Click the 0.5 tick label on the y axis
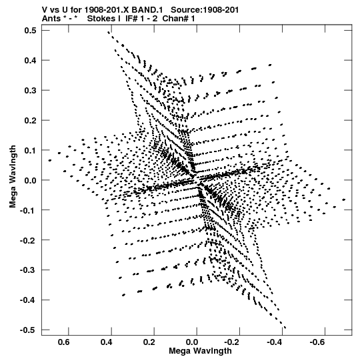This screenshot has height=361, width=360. coord(31,30)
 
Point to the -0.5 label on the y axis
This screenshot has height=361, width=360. coord(28,330)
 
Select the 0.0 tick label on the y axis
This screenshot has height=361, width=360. coord(31,180)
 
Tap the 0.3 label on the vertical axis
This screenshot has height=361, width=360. coord(31,90)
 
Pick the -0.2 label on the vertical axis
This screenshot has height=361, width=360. coord(28,240)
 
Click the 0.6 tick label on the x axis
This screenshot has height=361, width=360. coord(64,342)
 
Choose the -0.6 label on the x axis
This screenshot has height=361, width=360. coord(317,342)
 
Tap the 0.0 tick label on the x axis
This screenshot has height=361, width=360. coord(192,342)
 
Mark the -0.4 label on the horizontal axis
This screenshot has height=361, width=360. coord(275,342)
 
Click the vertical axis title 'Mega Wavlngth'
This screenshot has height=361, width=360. coord(13,177)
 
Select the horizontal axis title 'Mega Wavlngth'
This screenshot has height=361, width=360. coord(200,351)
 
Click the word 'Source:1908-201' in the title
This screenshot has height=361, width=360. coord(205,10)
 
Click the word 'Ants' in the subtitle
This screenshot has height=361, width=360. coord(51,19)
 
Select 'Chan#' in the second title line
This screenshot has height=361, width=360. coord(175,19)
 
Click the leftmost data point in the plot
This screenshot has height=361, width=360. coord(50,160)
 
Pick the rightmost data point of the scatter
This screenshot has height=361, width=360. coord(344,200)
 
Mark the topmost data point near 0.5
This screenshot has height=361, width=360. coord(109,32)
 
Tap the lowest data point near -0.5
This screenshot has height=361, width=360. coord(285,328)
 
